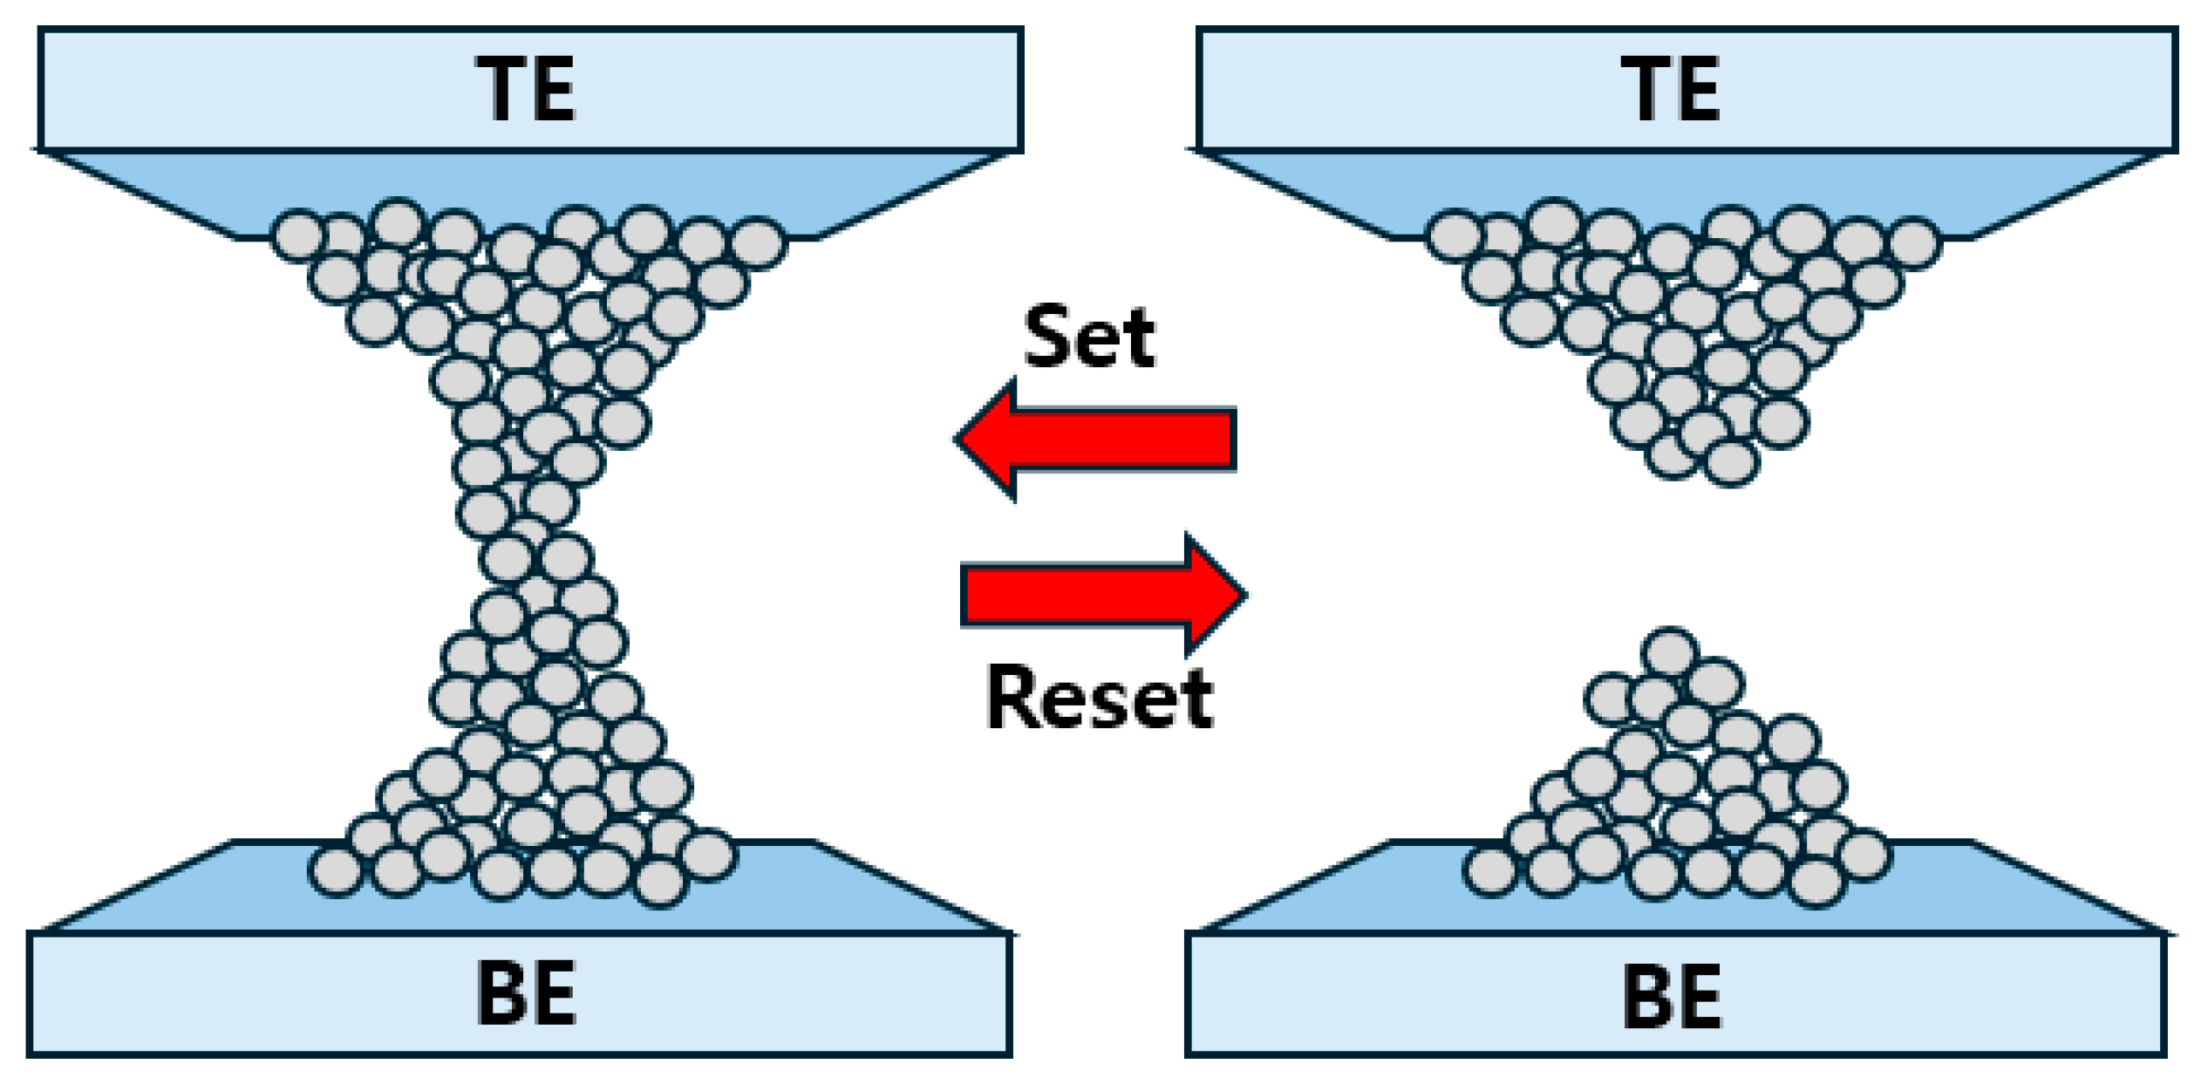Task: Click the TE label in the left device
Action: [x=526, y=89]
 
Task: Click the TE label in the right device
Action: [x=1670, y=89]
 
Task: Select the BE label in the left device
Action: [x=526, y=993]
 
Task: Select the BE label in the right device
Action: [x=1672, y=996]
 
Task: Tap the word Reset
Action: [x=1099, y=698]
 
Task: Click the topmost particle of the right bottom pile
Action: [x=1669, y=652]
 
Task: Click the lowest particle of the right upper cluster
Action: [x=1731, y=462]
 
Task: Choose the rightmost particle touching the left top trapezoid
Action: [x=758, y=242]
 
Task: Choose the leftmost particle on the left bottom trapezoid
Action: [x=337, y=871]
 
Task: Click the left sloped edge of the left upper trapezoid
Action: [x=140, y=194]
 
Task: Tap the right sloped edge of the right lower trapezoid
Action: [x=2067, y=887]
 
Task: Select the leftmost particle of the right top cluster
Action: [x=1454, y=235]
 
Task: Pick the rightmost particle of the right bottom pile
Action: [x=1864, y=856]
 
